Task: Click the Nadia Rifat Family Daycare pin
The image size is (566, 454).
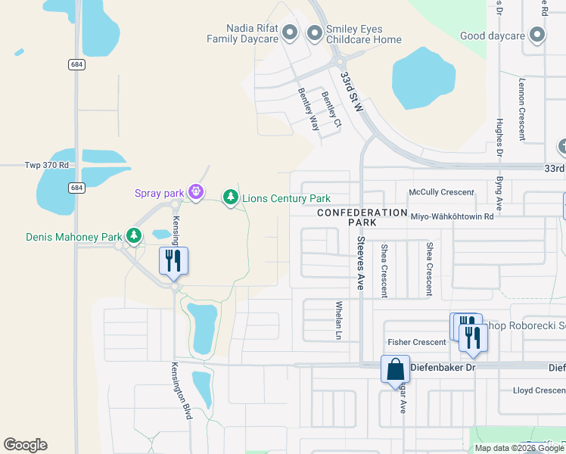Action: click(290, 33)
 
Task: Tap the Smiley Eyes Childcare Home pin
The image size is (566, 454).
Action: click(314, 33)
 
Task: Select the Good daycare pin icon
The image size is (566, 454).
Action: click(537, 35)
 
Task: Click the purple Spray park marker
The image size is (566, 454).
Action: click(197, 192)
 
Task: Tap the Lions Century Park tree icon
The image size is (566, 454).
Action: click(230, 197)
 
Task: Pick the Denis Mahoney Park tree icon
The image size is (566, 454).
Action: click(134, 237)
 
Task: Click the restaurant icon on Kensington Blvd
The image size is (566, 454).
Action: click(174, 261)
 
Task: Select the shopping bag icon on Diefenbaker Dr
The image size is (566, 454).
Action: click(395, 369)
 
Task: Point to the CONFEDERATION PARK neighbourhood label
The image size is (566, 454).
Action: click(362, 218)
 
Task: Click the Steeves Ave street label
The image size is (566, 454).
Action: click(361, 262)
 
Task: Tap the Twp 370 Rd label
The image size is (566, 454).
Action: click(47, 165)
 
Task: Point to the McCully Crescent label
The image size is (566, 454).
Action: click(441, 192)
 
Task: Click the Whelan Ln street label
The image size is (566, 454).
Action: click(339, 320)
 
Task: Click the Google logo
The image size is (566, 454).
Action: click(25, 445)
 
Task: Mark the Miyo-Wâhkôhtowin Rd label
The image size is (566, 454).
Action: click(452, 216)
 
